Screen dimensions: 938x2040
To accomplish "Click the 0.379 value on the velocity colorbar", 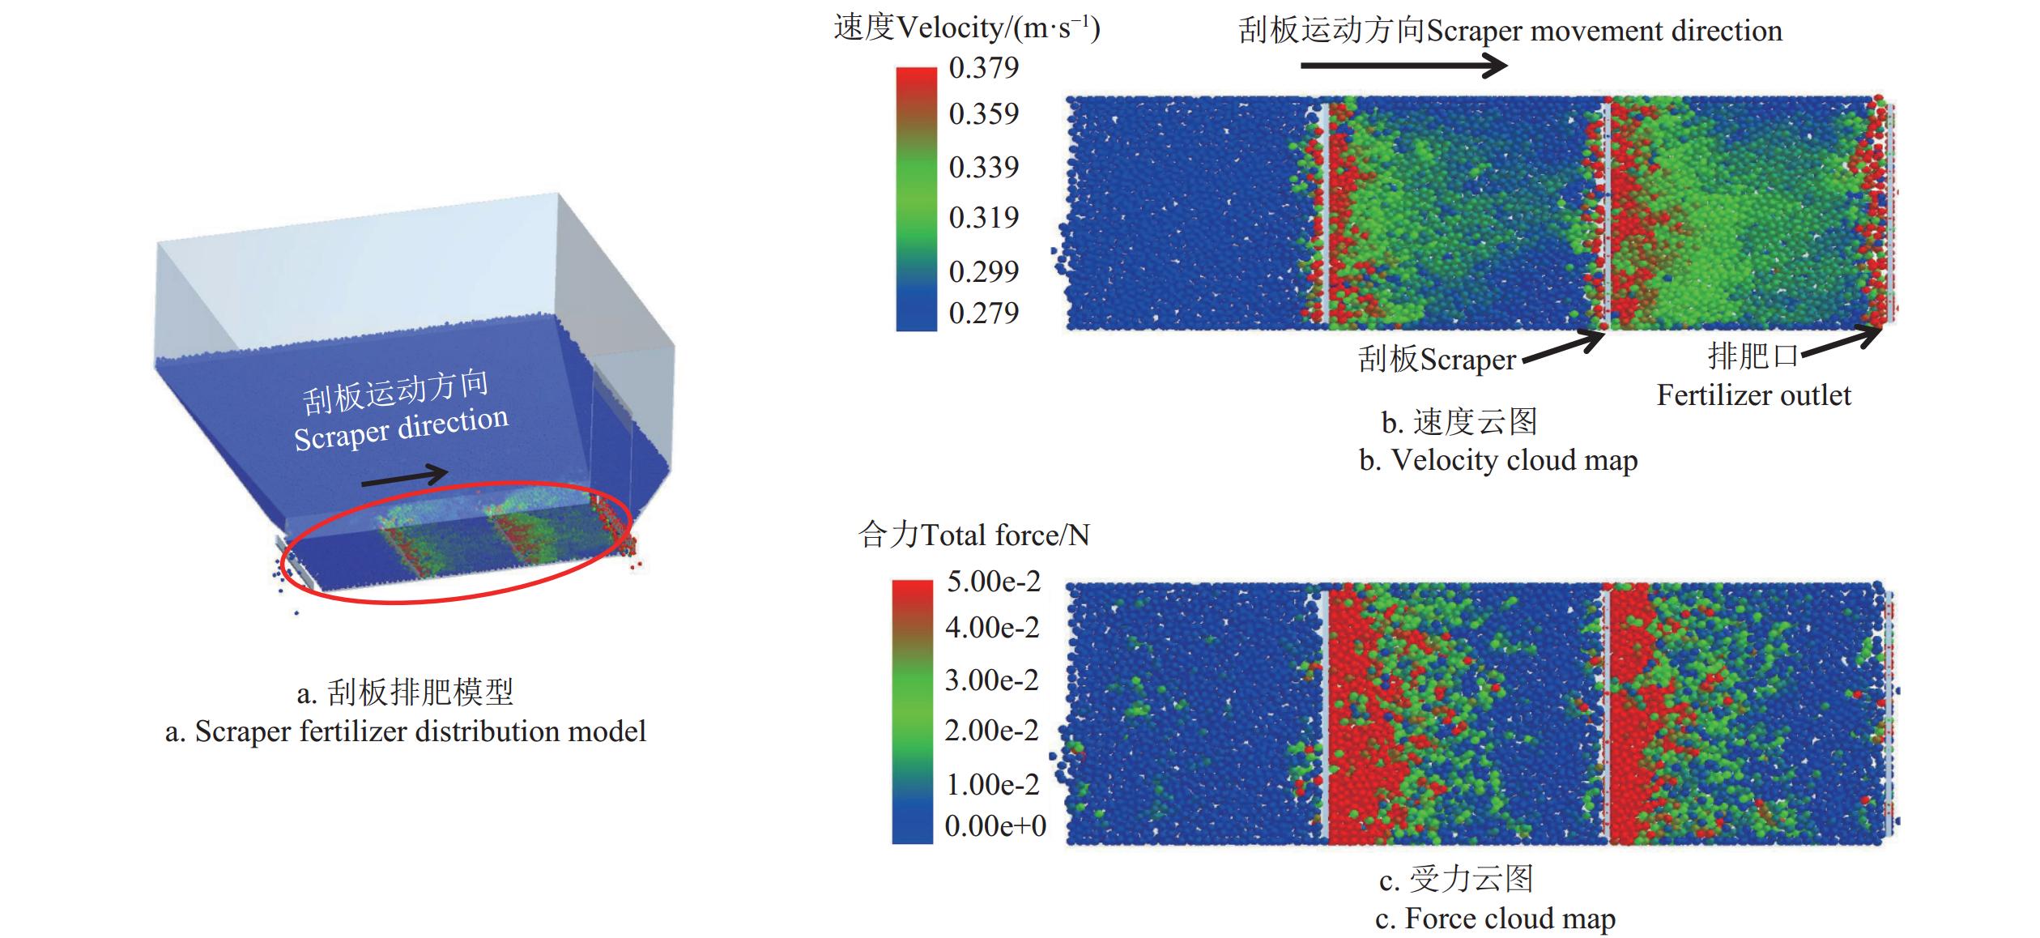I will click(983, 68).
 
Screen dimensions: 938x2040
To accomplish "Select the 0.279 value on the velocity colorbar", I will click(983, 313).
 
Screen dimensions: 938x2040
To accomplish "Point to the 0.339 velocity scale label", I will click(983, 168).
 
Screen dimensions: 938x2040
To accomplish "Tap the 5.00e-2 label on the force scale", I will click(993, 582).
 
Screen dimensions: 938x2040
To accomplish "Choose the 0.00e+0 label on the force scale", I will click(994, 826).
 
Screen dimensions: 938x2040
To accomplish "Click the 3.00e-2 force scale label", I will click(991, 680).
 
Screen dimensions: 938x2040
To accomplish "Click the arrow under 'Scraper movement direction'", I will click(1403, 65).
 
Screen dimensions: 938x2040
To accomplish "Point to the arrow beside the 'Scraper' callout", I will click(1562, 347).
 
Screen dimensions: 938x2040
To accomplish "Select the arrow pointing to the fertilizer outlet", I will click(1842, 341).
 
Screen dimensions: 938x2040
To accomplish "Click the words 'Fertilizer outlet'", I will click(1753, 395).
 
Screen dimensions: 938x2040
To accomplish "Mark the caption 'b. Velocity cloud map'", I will click(1498, 460).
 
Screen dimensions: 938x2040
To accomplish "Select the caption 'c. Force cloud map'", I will click(1495, 919).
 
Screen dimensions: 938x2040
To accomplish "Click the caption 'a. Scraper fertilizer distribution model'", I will click(405, 731).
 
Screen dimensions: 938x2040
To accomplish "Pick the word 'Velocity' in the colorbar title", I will click(950, 28).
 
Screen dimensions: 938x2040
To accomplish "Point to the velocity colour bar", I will click(916, 198).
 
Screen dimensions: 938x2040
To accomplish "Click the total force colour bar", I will click(912, 712).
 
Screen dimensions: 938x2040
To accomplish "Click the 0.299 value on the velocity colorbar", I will click(983, 271).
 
